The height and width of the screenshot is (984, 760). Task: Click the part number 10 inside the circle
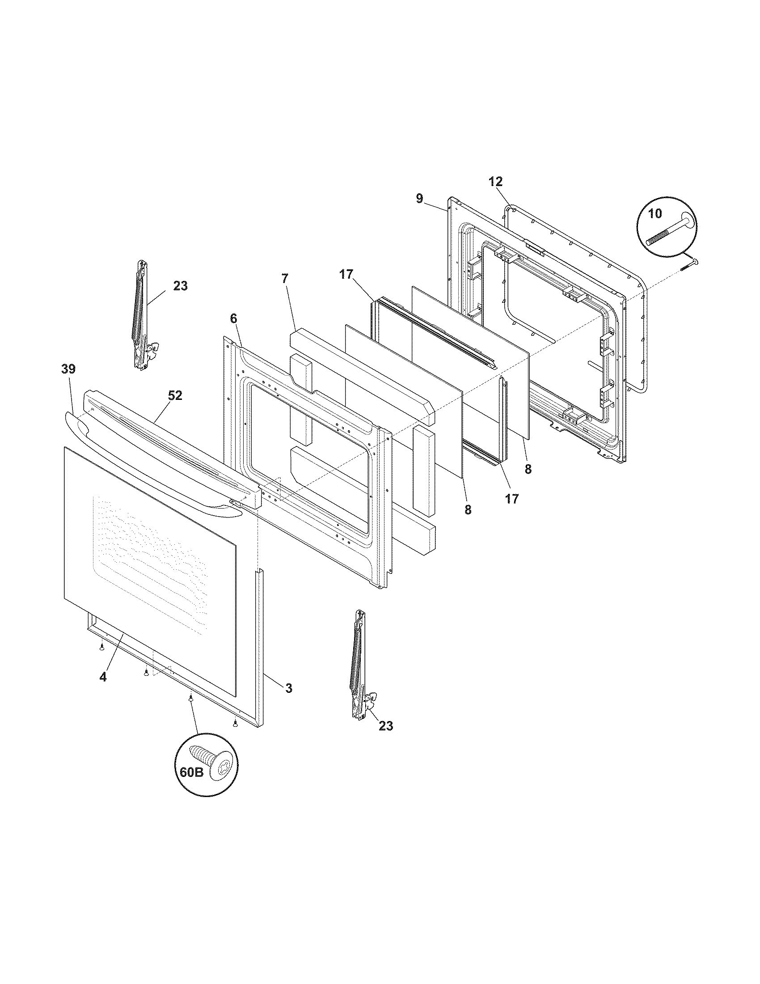point(655,213)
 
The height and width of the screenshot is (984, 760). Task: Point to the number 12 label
point(496,182)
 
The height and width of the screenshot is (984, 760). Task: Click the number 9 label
point(420,198)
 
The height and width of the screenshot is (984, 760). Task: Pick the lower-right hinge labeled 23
point(360,666)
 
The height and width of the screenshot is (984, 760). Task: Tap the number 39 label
point(68,369)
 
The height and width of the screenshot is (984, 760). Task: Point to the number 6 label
point(233,318)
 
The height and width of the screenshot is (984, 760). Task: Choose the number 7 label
point(284,279)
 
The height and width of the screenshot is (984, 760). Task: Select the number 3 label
point(289,688)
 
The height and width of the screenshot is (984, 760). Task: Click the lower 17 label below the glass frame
point(512,499)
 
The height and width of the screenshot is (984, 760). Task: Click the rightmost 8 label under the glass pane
point(528,469)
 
